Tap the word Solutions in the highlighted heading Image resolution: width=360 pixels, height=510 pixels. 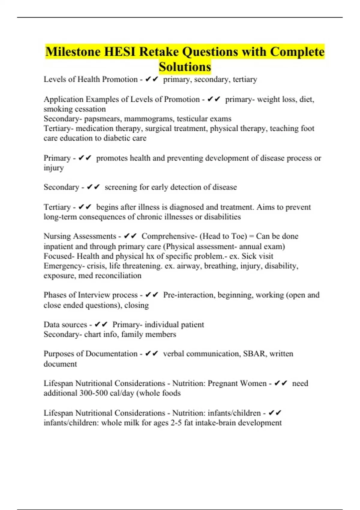click(185, 67)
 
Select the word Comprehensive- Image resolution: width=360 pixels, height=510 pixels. click(169, 236)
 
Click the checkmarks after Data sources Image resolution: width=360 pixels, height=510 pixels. click(101, 325)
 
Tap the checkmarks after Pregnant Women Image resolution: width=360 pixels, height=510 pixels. click(281, 383)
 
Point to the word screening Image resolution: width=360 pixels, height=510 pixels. click(121, 187)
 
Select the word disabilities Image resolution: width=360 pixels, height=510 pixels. click(222, 217)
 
